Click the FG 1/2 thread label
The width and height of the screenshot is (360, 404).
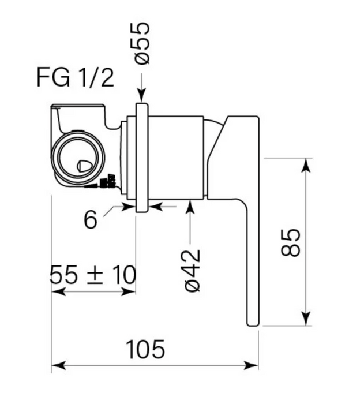point(76,78)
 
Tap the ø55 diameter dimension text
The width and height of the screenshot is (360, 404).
point(142,43)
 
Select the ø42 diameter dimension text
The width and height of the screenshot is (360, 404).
point(192,271)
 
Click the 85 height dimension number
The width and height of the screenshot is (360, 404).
point(291,242)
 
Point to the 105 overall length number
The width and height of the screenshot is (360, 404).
point(145,349)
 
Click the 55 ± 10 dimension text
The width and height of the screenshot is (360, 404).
point(93,275)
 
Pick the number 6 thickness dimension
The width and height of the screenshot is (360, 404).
point(91,219)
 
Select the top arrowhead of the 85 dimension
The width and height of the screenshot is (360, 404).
point(306,165)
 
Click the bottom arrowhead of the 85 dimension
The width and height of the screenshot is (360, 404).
point(306,318)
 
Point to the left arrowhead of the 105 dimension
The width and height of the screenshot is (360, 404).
point(59,365)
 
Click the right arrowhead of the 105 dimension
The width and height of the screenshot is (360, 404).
point(251,365)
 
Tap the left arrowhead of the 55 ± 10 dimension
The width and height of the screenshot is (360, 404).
point(59,292)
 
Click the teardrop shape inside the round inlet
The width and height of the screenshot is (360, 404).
point(84,166)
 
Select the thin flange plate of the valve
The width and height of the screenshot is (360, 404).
point(142,158)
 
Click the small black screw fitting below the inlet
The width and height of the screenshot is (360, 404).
point(108,182)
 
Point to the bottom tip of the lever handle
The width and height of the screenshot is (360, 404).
point(253,326)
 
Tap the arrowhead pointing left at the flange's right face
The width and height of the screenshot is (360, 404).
point(156,207)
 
